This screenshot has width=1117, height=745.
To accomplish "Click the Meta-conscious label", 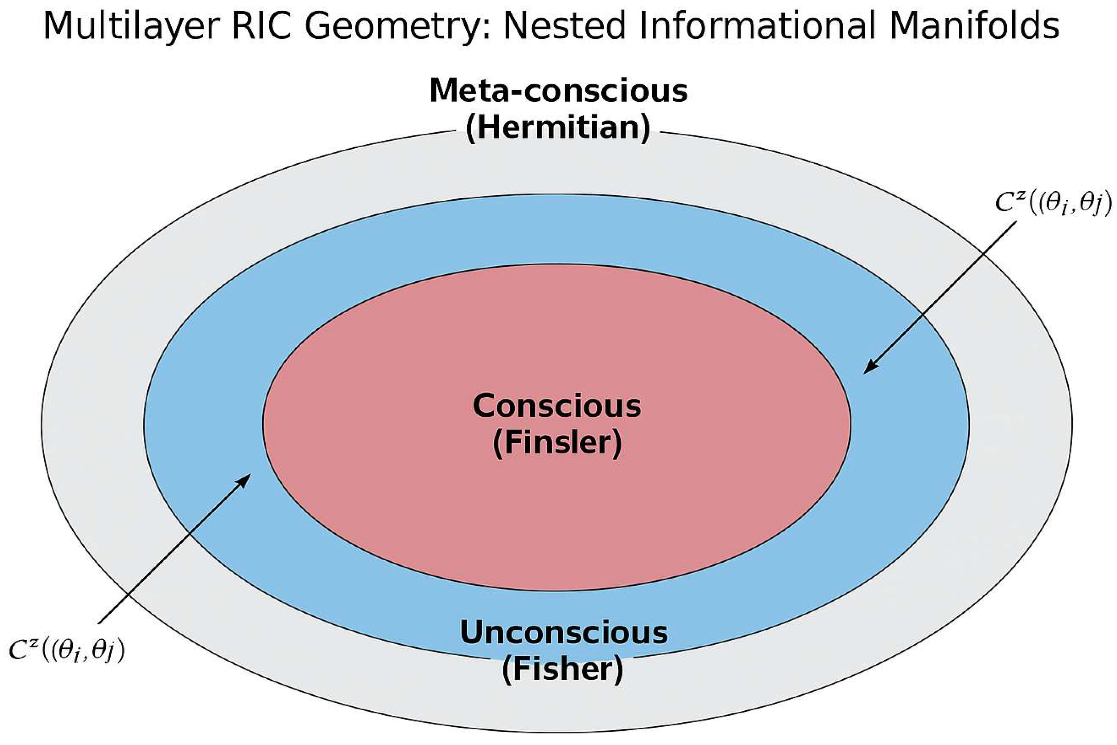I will pos(558,91).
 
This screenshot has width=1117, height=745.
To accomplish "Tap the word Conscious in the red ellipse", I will pos(557,406).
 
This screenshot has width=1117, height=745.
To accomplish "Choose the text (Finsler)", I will pos(557,443).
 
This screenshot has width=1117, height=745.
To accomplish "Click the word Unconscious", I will pos(564,632).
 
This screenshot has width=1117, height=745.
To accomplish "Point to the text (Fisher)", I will pos(563,669).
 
